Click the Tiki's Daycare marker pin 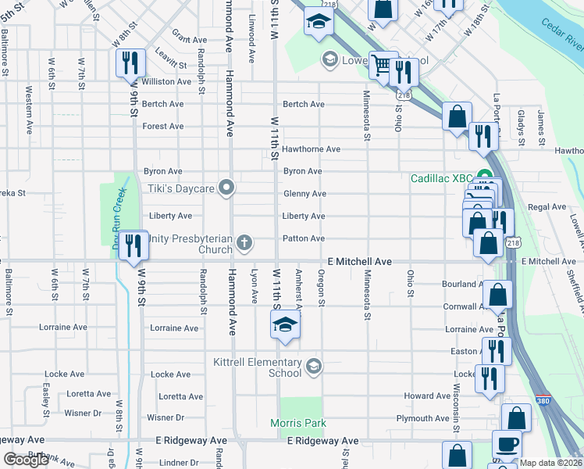tap(227, 188)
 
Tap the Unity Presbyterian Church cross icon tap(244, 242)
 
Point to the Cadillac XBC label tap(444, 177)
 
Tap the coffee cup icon tap(507, 445)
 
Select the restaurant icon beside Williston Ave tap(130, 63)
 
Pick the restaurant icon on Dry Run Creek tap(134, 245)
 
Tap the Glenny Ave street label tap(304, 194)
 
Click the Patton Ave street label tap(304, 238)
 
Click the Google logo tap(26, 460)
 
